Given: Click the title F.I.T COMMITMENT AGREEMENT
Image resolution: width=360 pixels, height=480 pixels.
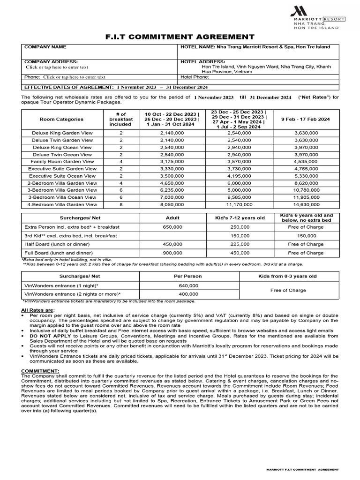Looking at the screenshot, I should (x=180, y=37).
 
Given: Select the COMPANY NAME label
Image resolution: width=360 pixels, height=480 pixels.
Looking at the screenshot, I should (x=45, y=47).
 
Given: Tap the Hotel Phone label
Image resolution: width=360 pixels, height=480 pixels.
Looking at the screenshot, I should (x=195, y=77).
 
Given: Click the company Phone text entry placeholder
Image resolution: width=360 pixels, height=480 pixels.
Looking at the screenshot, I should (x=74, y=77).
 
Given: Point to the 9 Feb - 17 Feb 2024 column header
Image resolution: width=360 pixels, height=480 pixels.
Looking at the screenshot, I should (x=306, y=119).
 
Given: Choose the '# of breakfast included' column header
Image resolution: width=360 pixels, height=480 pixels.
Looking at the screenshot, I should (x=120, y=119).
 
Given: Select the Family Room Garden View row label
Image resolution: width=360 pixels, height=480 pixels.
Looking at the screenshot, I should (x=62, y=162).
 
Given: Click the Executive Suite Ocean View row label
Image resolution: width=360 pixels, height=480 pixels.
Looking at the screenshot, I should (x=62, y=176).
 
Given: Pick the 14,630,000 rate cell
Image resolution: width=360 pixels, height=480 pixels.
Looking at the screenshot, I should (x=306, y=204).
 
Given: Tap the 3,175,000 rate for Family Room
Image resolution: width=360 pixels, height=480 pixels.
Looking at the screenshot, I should (x=169, y=162).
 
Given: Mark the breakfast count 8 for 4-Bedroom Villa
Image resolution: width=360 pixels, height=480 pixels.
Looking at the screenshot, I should (x=120, y=204).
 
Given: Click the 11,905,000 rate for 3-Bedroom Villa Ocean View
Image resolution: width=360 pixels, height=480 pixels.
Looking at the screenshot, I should (x=306, y=197).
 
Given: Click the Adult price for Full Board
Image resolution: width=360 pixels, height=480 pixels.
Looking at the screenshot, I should (x=172, y=253).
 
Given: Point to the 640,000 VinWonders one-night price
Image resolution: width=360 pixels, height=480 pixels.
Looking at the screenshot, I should (x=189, y=285).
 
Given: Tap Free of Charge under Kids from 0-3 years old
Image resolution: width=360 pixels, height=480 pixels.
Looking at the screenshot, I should (x=288, y=290).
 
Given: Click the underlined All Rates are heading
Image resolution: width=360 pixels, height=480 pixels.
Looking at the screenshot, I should (x=37, y=310).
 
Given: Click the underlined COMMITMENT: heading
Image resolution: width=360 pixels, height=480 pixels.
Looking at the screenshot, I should (x=40, y=371).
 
